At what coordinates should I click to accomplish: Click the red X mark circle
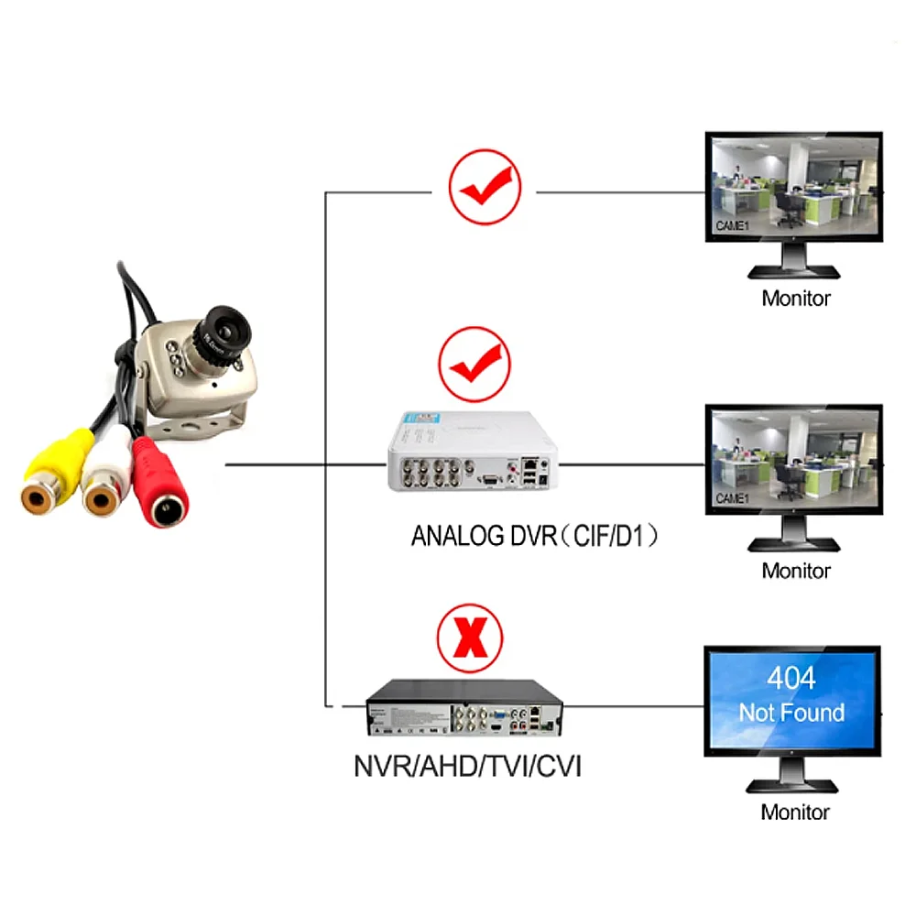[471, 639]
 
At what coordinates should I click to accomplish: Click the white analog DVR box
[471, 449]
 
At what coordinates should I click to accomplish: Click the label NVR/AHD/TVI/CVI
[467, 765]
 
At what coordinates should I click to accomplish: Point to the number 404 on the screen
[791, 679]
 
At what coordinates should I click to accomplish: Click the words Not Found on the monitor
[791, 713]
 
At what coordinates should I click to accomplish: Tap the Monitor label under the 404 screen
[795, 812]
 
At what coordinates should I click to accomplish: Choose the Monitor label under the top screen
[795, 298]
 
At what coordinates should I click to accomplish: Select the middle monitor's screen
[793, 461]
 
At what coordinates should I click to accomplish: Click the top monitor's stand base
[793, 271]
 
